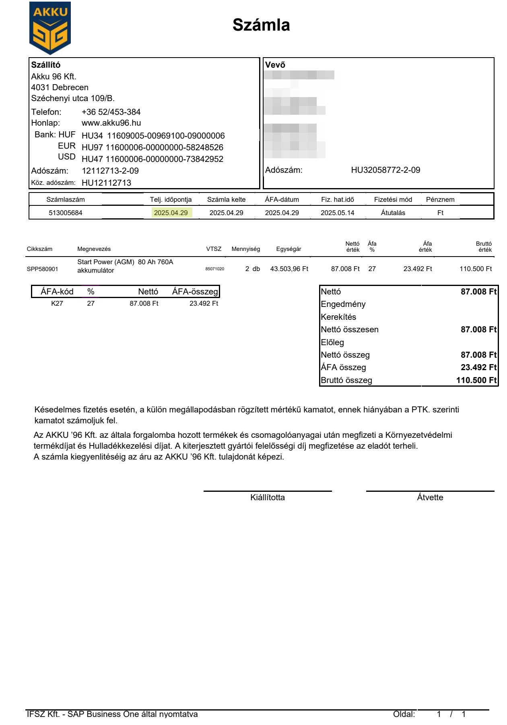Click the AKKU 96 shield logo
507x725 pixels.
pyautogui.click(x=50, y=28)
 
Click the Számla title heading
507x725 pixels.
pyautogui.click(x=261, y=25)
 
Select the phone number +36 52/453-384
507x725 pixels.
pyautogui.click(x=111, y=112)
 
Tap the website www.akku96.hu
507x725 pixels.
pyautogui.click(x=111, y=123)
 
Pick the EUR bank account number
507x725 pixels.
pyautogui.click(x=153, y=147)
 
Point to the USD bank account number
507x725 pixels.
pyautogui.click(x=153, y=159)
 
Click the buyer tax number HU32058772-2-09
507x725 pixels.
pyautogui.click(x=385, y=170)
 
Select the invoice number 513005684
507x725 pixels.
pyautogui.click(x=66, y=213)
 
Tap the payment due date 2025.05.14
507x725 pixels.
pyautogui.click(x=337, y=213)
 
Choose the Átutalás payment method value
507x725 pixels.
pyautogui.click(x=393, y=213)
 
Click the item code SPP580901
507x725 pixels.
pyautogui.click(x=43, y=269)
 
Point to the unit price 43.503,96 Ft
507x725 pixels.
pyautogui.click(x=289, y=269)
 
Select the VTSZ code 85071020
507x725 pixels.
pyautogui.click(x=214, y=269)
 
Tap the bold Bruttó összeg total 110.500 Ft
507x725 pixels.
pyautogui.click(x=476, y=380)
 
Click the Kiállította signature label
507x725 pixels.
pyautogui.click(x=268, y=497)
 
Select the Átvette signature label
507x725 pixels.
pyautogui.click(x=430, y=497)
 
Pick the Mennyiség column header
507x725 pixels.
pyautogui.click(x=245, y=249)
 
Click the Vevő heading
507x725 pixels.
pyautogui.click(x=275, y=65)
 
